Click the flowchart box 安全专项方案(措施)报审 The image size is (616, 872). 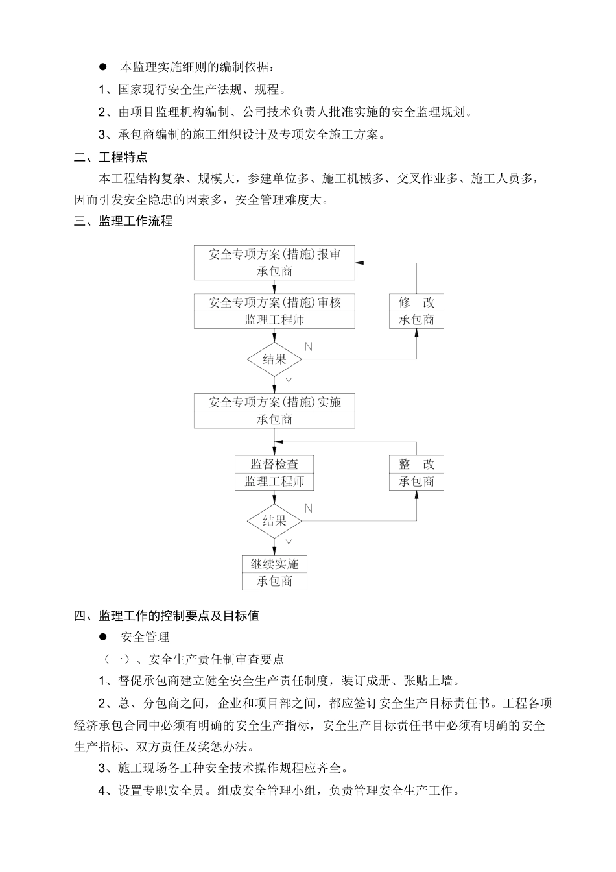[x=274, y=254]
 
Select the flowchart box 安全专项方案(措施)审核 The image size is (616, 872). [x=274, y=302]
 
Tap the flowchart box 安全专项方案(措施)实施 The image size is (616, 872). [x=274, y=402]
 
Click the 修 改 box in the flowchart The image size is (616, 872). [x=416, y=302]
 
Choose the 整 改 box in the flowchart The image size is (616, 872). [x=416, y=465]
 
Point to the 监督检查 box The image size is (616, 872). [x=274, y=465]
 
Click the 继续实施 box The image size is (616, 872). [x=274, y=564]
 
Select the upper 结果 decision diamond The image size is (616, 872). [x=274, y=359]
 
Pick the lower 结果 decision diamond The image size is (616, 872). [x=274, y=521]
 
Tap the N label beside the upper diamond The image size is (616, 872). [x=308, y=347]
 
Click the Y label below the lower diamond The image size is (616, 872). [x=289, y=544]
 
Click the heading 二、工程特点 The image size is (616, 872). [x=111, y=157]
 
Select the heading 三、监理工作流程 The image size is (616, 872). [x=123, y=221]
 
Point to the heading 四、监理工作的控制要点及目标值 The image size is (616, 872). [x=167, y=616]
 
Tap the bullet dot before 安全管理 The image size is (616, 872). [x=102, y=637]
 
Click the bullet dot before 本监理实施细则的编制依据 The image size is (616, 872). [x=102, y=67]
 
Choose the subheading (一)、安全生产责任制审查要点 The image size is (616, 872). [x=194, y=659]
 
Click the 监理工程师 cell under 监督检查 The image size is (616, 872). [x=274, y=481]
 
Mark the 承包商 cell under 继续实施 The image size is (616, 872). [x=274, y=581]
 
